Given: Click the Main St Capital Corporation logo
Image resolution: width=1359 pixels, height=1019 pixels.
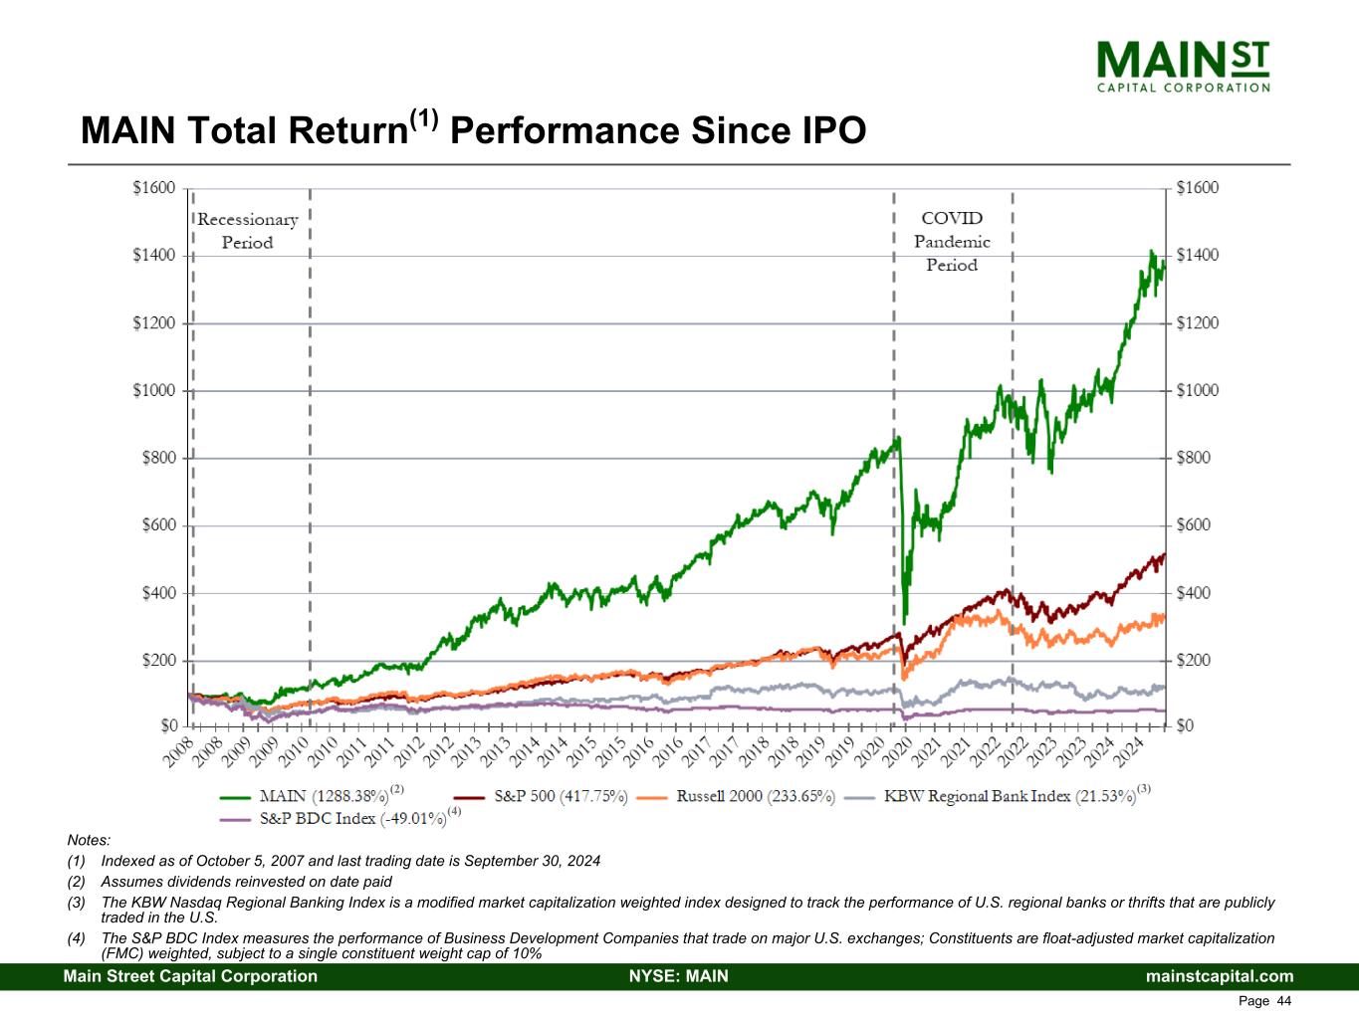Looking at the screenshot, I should point(1183,66).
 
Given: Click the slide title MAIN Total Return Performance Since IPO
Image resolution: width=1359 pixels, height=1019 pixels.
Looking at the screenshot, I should point(473,130).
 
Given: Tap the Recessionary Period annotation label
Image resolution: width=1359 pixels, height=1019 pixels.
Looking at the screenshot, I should point(247,231).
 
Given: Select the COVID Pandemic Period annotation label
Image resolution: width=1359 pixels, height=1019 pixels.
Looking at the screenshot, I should point(952,241).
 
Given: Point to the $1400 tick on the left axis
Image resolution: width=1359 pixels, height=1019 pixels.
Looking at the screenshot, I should point(153,256).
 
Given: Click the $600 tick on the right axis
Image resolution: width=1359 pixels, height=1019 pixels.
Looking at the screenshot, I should point(1198,525).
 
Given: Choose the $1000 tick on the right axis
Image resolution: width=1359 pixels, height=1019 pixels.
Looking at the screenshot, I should point(1198,390).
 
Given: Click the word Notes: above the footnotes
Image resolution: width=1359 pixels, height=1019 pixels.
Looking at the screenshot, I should point(89,841).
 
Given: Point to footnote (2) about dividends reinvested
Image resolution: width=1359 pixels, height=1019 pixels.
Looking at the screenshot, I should point(246,882).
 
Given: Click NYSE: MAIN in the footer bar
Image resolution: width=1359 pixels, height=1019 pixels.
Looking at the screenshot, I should point(679,976).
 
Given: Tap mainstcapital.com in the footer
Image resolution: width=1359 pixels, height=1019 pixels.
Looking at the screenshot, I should point(1220,976).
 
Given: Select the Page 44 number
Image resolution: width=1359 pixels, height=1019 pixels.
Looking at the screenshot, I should point(1264,1000).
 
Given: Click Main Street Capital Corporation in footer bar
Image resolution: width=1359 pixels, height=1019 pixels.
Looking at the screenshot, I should point(190,976).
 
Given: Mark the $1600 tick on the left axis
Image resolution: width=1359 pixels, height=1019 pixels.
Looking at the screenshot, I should point(153,188).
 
